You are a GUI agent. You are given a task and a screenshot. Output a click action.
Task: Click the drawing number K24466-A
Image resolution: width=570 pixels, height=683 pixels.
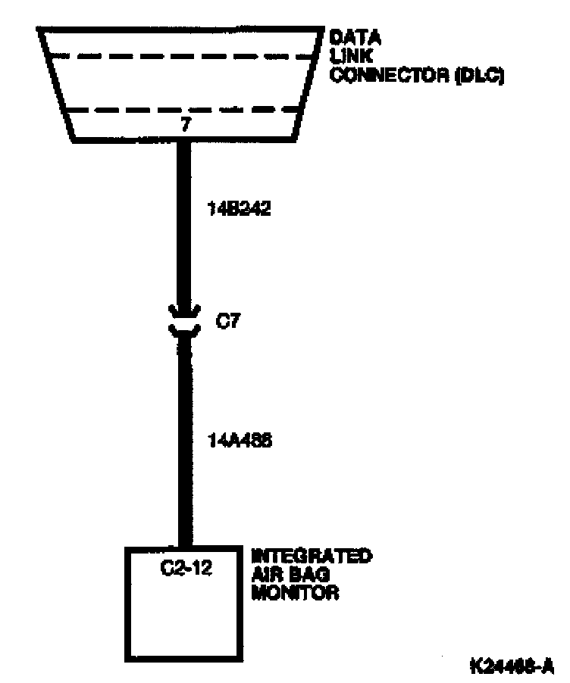(x=511, y=666)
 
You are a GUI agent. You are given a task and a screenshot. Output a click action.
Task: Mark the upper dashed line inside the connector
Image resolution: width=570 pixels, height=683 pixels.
(x=182, y=55)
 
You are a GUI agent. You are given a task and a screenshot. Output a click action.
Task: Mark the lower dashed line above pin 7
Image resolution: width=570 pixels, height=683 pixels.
(x=182, y=109)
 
